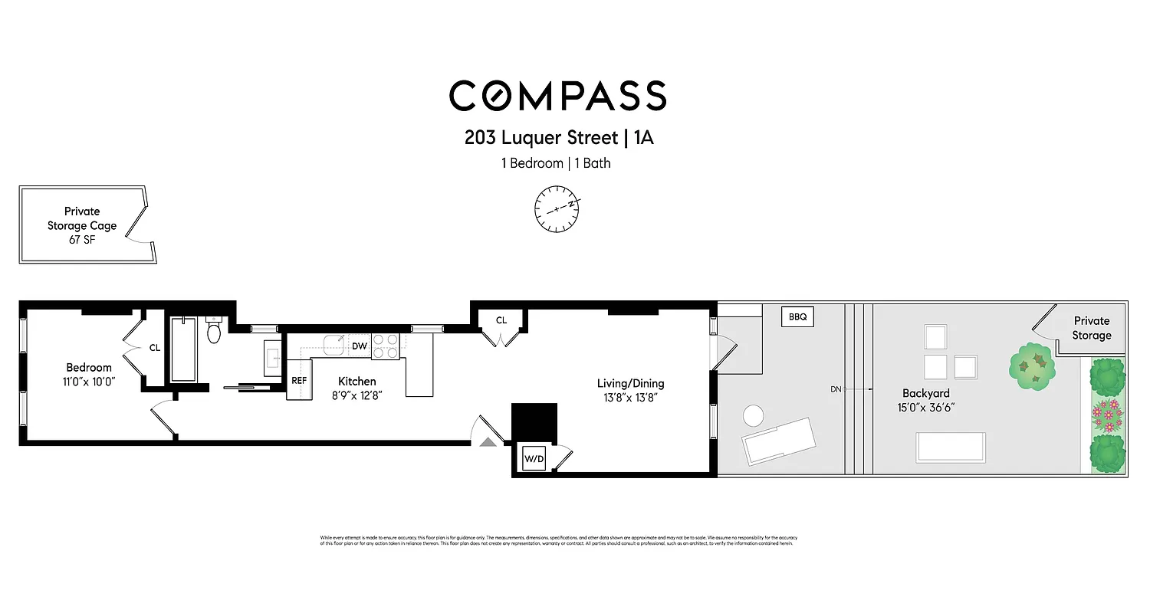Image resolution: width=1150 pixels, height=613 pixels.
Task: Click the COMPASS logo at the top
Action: point(557,97)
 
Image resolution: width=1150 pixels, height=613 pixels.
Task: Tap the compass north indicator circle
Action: point(557,208)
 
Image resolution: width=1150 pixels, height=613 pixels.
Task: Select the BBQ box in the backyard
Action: point(797,316)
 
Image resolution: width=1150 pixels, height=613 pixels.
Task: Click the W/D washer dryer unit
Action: point(534,459)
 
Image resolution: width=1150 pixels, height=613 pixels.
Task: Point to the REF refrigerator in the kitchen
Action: point(299,381)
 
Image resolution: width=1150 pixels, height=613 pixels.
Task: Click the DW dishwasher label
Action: point(359,346)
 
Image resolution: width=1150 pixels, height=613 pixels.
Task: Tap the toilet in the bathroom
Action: point(215,331)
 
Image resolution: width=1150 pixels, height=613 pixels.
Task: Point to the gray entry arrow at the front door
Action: point(488,441)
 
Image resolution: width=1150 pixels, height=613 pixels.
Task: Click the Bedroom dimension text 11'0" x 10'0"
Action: point(89,382)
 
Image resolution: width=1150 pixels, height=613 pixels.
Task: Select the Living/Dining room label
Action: point(630,383)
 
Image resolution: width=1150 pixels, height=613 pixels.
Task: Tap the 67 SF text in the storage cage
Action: point(82,239)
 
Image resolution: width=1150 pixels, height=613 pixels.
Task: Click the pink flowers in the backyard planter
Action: point(1107,414)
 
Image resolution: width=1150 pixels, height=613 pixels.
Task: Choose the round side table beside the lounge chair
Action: point(753,416)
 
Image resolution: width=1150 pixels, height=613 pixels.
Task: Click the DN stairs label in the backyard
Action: point(836,389)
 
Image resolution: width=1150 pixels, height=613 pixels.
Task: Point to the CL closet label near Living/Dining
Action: point(501,320)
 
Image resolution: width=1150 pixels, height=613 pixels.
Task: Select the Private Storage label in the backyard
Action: point(1092,328)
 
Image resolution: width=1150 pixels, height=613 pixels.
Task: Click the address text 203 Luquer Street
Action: point(540,138)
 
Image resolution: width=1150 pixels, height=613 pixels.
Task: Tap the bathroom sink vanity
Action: point(273,358)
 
